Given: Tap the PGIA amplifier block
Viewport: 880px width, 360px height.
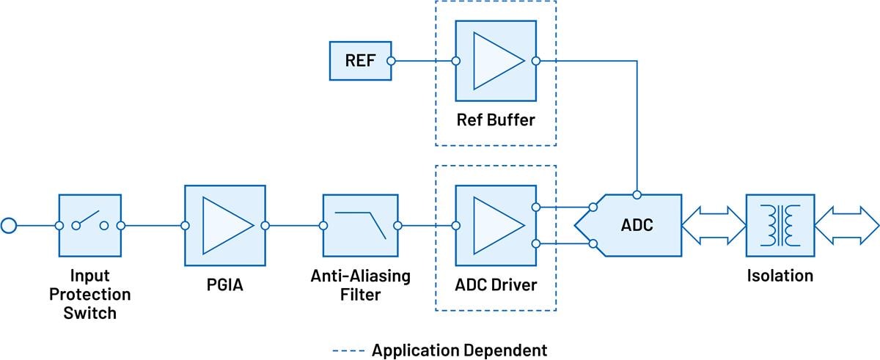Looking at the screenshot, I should [x=224, y=225].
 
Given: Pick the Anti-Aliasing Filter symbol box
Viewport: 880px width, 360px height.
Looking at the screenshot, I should [x=359, y=225].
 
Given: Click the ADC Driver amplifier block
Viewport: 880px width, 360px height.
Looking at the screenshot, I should [x=495, y=225].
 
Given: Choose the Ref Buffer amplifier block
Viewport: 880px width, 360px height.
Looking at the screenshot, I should [x=495, y=61].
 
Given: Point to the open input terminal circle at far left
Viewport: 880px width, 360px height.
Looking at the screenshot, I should [x=9, y=225].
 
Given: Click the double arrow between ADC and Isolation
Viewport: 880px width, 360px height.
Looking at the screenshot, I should [x=714, y=225].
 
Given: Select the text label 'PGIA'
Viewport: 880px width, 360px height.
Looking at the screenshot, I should [x=224, y=282].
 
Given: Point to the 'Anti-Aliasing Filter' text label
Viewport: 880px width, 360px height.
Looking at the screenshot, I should [x=359, y=285].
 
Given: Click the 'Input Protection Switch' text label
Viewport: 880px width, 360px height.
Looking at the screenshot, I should [x=89, y=295].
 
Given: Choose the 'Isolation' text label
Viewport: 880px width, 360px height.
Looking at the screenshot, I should [x=780, y=276].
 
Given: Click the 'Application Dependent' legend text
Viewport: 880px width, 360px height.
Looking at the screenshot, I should [x=459, y=349].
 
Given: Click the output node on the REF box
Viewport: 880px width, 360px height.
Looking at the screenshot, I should [x=391, y=61].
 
